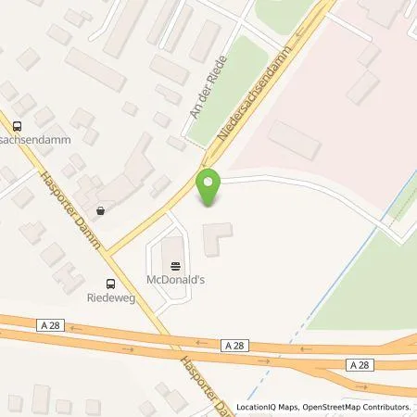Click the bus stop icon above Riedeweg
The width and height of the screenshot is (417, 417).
(110, 284)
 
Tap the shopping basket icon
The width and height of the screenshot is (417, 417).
(100, 210)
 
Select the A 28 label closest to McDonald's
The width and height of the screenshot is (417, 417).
(234, 343)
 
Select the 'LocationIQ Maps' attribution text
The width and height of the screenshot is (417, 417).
(266, 407)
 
